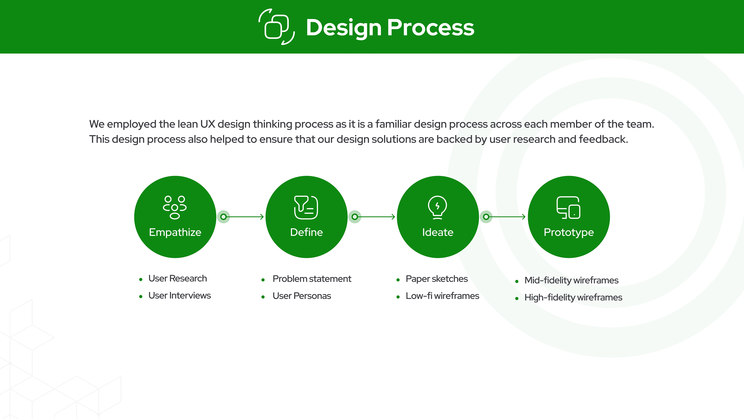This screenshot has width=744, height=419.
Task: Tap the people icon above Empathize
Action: [175, 207]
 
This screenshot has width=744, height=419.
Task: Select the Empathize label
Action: [175, 232]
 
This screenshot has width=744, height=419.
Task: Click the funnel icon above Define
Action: [306, 207]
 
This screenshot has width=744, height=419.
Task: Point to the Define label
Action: [307, 232]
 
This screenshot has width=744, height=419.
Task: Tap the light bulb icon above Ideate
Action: [437, 207]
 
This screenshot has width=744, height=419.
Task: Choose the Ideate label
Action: [437, 232]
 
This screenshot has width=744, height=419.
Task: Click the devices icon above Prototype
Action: [568, 208]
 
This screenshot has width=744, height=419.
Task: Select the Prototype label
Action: [569, 232]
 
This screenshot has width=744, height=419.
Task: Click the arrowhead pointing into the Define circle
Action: [262, 217]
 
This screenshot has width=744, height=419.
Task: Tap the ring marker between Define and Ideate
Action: [355, 217]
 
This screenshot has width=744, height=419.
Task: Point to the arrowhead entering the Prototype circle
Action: [524, 217]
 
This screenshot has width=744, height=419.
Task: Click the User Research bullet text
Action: [178, 279]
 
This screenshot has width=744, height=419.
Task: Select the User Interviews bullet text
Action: [180, 295]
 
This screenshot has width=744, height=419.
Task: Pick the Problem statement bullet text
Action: [312, 279]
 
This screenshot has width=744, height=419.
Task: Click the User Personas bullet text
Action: [302, 296]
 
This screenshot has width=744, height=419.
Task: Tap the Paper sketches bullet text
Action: [437, 279]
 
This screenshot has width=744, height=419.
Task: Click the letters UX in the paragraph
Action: [208, 124]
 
